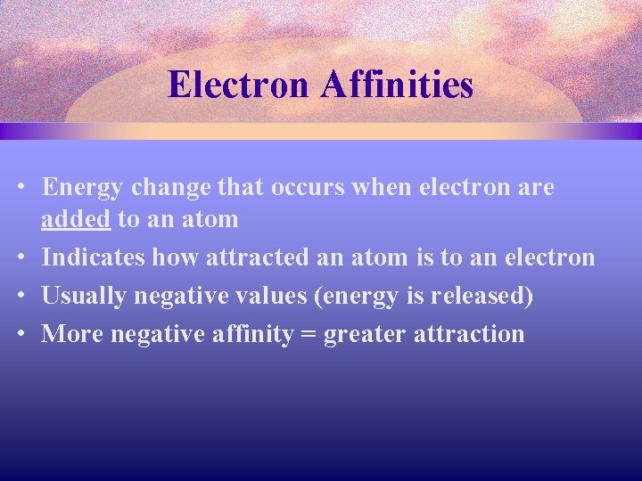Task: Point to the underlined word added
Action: point(76,219)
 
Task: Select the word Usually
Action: point(85,296)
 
